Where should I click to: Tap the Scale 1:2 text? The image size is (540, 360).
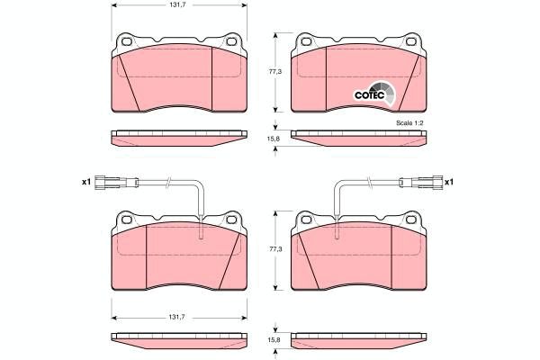(409, 123)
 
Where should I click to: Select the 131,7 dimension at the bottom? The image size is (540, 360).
(176, 318)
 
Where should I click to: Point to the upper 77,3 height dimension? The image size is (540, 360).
(275, 72)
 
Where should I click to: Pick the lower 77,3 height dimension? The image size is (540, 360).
(275, 249)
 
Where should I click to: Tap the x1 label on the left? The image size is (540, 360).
(85, 182)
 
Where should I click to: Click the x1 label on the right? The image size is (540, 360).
(449, 182)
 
